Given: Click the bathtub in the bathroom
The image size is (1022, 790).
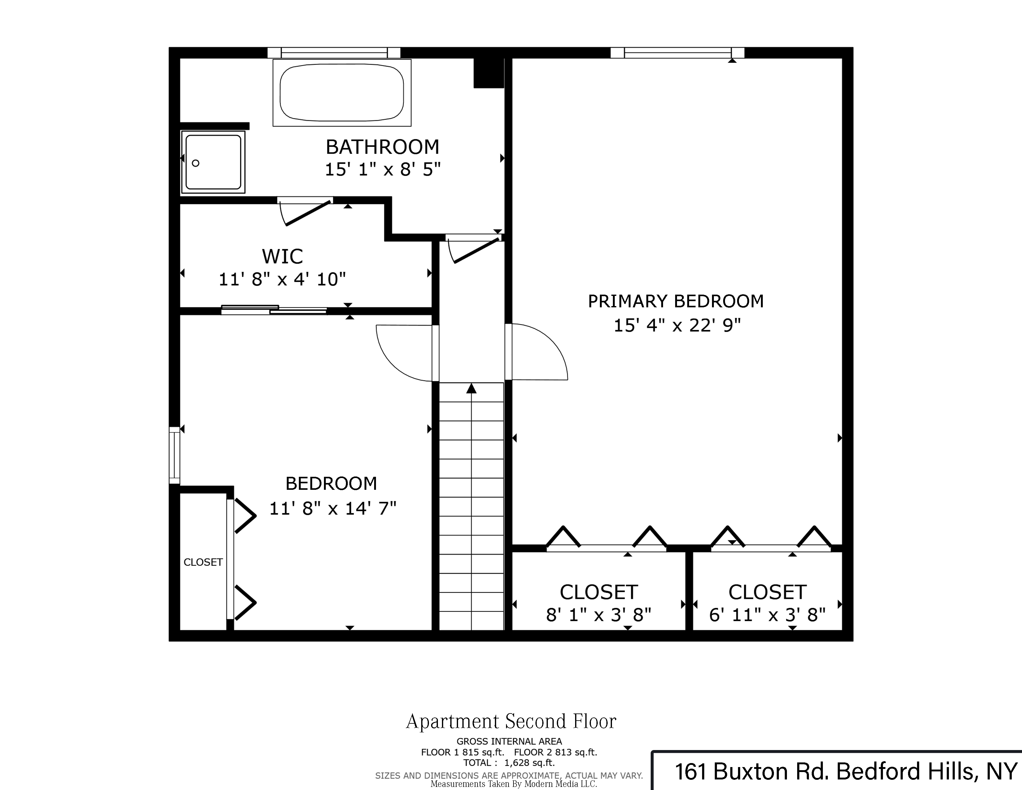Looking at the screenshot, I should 342,93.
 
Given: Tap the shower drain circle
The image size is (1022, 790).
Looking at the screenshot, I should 196,163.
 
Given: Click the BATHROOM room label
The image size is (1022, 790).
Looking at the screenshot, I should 382,147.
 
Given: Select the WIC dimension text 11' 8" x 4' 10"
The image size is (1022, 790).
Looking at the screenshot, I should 282,279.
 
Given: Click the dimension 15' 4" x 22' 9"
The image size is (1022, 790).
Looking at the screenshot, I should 677,325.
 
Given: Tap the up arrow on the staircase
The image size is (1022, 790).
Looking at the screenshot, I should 471,388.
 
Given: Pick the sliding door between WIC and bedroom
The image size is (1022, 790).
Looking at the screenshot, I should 274,309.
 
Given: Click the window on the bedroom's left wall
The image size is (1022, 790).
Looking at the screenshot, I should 174,454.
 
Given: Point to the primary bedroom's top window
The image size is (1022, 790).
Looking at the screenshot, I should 677,52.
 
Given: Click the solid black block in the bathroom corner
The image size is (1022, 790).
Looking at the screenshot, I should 488,72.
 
